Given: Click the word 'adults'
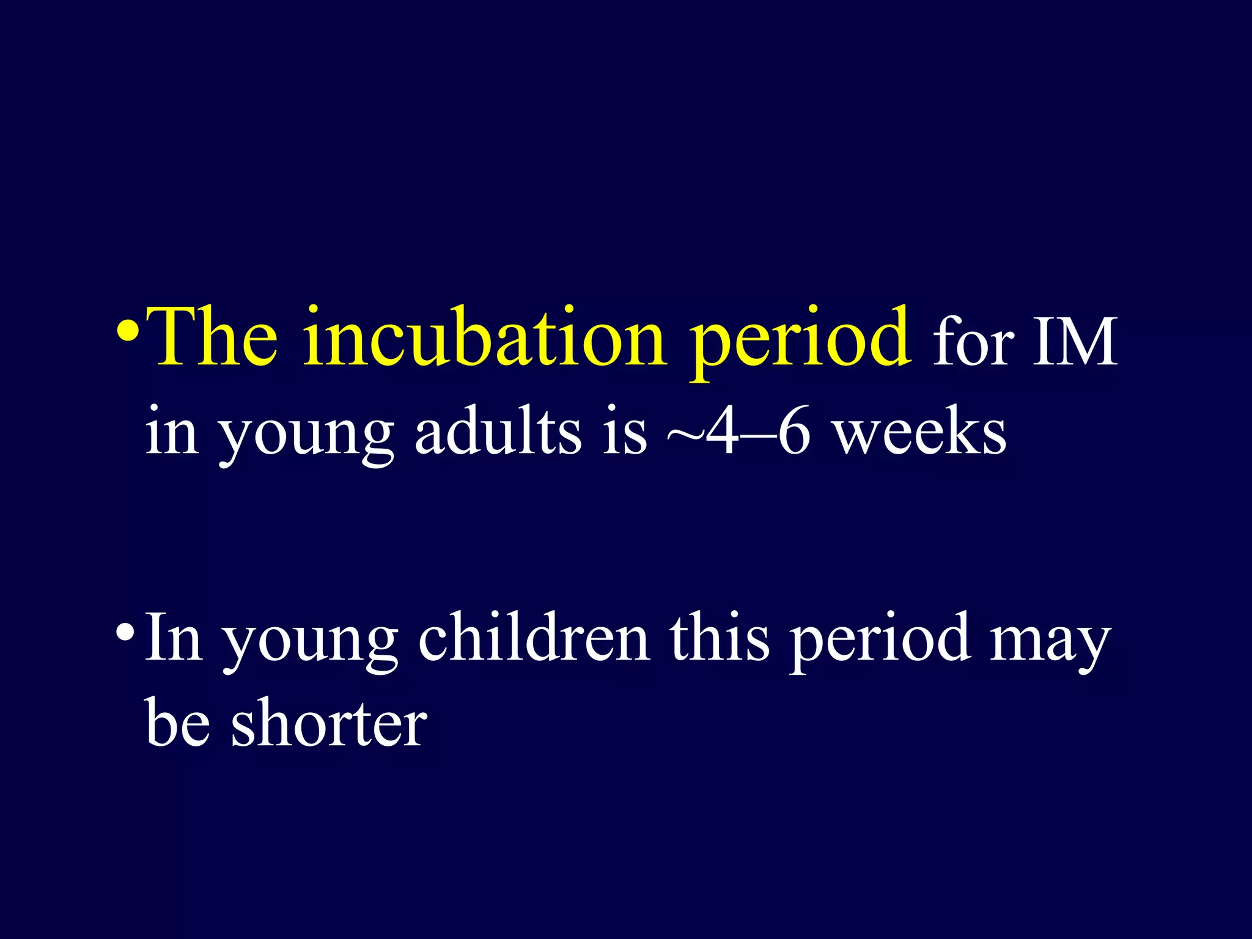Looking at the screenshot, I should (x=498, y=432).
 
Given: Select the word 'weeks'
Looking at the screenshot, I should (x=920, y=432).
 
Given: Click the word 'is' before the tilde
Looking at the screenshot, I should (x=624, y=432).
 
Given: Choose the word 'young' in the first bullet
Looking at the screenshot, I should (x=306, y=438).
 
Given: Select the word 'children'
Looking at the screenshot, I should (x=534, y=638).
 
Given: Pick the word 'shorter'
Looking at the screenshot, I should (x=328, y=724).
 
